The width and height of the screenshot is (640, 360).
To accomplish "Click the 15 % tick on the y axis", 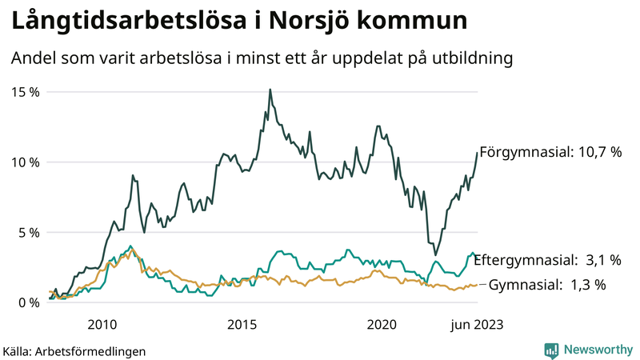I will (25, 91).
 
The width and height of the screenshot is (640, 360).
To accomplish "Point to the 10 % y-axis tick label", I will (25, 162).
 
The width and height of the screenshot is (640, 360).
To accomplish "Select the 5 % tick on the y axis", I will (28, 232).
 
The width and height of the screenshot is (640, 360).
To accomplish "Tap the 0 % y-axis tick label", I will (28, 302).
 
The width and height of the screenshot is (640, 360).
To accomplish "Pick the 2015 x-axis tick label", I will (242, 324).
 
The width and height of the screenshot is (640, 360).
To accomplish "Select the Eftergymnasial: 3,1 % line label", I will (547, 260).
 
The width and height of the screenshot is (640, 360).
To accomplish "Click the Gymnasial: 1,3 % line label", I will (547, 284).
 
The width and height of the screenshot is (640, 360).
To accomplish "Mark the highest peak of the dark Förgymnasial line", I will (270, 90).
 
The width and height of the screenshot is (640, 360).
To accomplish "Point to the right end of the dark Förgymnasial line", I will (478, 152).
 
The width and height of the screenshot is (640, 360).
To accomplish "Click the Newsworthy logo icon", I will (551, 350).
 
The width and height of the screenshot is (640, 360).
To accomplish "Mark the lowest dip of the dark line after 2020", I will (435, 254).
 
